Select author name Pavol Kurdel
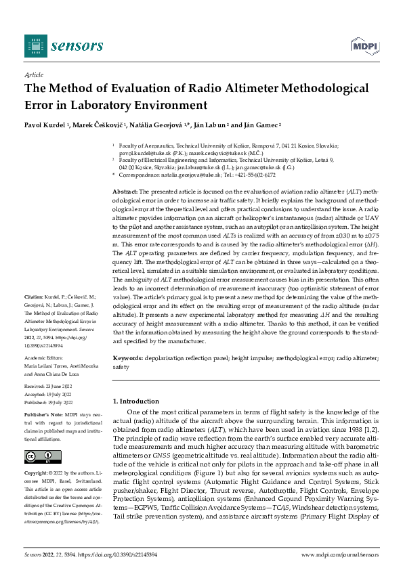(x=45, y=126)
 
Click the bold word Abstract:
(x=125, y=193)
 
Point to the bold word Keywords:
(x=127, y=356)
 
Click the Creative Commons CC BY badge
(x=42, y=458)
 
